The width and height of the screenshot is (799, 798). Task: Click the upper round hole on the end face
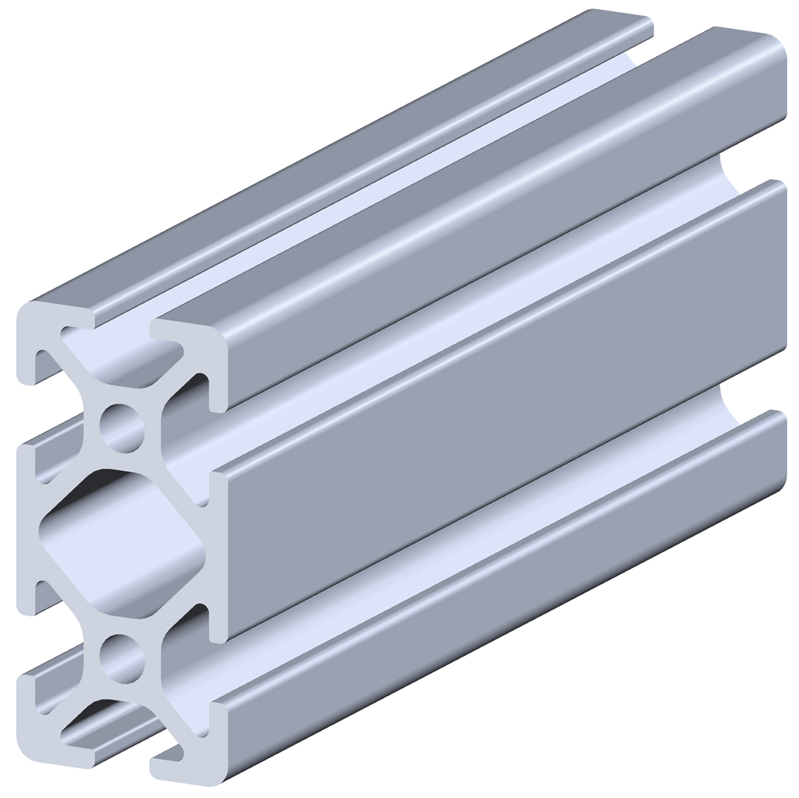tap(121, 421)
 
